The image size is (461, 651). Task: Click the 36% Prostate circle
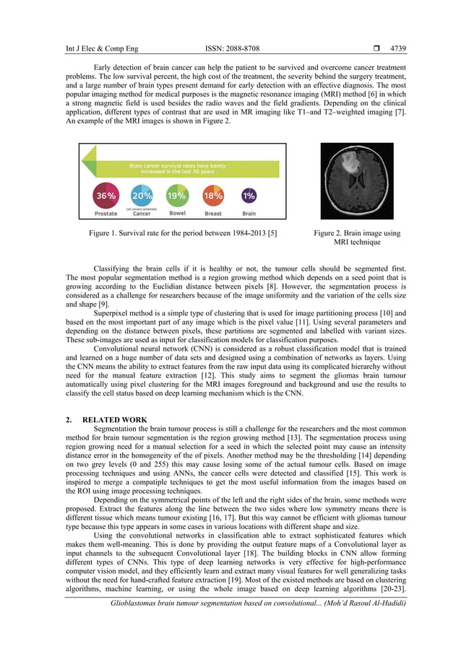pyautogui.click(x=106, y=196)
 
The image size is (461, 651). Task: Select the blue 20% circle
pyautogui.click(x=142, y=196)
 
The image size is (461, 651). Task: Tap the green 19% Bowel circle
pyautogui.click(x=177, y=196)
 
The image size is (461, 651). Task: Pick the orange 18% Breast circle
pyautogui.click(x=212, y=196)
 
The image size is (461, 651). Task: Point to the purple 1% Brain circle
pyautogui.click(x=249, y=196)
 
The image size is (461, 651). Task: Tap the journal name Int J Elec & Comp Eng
pyautogui.click(x=102, y=49)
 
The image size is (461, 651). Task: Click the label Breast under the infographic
pyautogui.click(x=212, y=214)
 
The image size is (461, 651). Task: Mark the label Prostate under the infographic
pyautogui.click(x=106, y=214)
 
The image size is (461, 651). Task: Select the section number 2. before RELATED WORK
pyautogui.click(x=69, y=419)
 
